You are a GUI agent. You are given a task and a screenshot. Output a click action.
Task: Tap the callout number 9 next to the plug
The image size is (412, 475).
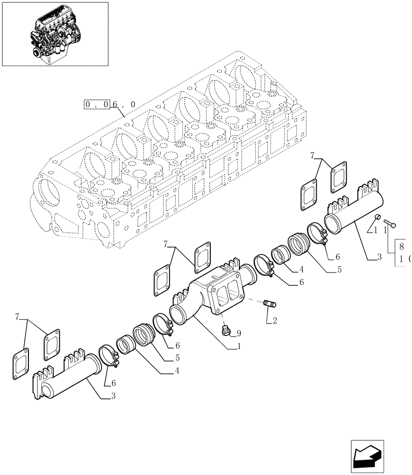tap(239, 333)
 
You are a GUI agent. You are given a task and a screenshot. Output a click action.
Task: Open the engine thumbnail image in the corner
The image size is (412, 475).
tap(55, 34)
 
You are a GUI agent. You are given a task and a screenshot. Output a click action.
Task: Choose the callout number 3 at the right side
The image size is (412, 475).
tap(379, 257)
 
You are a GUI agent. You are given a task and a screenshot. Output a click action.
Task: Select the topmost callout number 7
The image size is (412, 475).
tap(312, 155)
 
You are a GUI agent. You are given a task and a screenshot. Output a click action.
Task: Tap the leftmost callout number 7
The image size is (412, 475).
tap(18, 316)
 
